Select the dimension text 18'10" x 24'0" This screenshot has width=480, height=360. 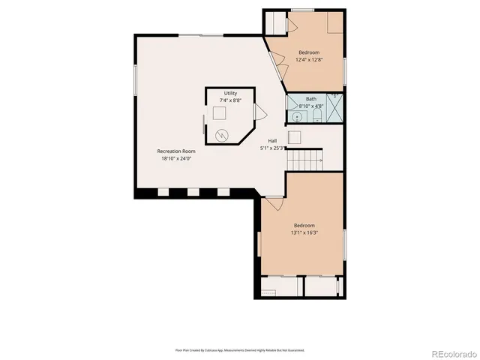tap(176, 158)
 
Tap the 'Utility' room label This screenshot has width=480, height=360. tap(230, 93)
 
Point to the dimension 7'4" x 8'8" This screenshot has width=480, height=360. tap(230, 100)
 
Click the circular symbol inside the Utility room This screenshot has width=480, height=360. tap(222, 135)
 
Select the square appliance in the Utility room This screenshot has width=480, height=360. tap(218, 113)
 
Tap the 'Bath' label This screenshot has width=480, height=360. tap(310, 99)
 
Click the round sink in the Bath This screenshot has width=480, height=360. tap(297, 116)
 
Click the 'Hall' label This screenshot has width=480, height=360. tap(274, 141)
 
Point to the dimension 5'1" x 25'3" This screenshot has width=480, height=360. tap(274, 148)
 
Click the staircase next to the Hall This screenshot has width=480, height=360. tap(305, 160)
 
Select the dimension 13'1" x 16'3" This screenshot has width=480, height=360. tap(304, 232)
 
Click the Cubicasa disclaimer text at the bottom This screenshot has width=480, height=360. tap(240, 349)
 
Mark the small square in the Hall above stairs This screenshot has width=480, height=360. tap(295, 137)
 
